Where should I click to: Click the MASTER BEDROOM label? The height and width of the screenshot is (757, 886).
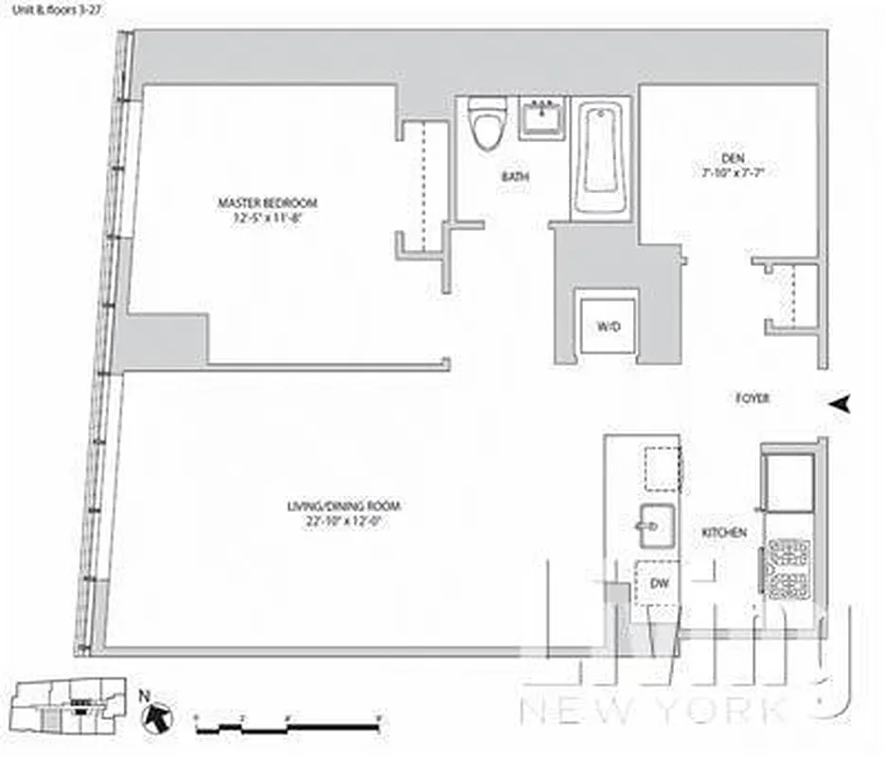pos(268,202)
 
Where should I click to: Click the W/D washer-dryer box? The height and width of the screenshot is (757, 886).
pos(608,326)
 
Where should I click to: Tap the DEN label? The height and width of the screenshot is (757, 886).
pos(727,160)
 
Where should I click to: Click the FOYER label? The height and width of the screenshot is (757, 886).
pos(753,399)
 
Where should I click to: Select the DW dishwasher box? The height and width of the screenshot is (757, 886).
pos(660,583)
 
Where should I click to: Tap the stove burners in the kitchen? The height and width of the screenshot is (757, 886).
pos(789,568)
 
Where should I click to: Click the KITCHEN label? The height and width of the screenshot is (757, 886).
pos(724,534)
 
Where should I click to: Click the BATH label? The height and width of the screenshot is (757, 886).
pos(516,177)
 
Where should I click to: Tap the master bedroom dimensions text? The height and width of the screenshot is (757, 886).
pos(268,217)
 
